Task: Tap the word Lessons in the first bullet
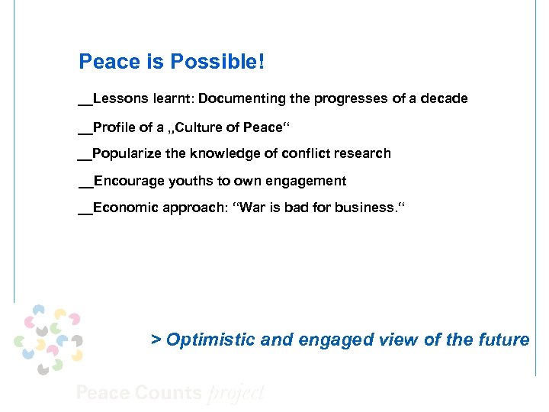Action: point(117,99)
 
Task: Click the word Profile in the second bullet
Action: point(112,127)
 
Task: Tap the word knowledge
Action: point(222,154)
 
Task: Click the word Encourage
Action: point(125,182)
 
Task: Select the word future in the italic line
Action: point(506,340)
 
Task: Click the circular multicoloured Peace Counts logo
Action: point(48,339)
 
